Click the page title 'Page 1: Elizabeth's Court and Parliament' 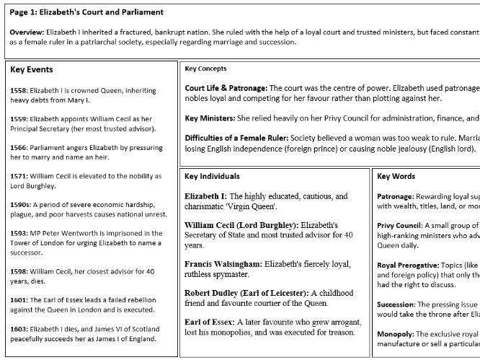point(87,12)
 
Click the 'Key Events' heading point(32,70)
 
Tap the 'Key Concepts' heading point(205,69)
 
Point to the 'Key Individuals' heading point(212,176)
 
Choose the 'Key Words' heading point(396,176)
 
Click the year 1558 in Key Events point(19,91)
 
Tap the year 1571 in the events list point(19,176)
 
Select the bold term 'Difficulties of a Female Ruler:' point(238,138)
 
